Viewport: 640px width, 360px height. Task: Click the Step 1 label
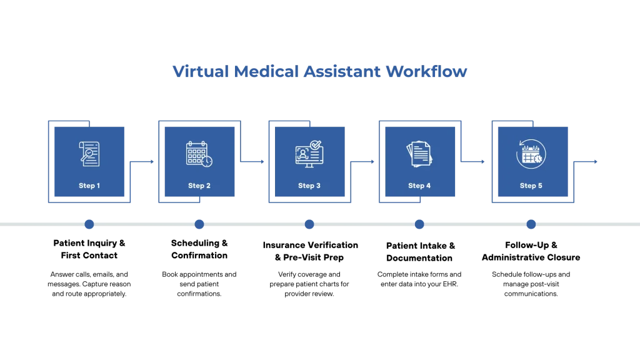[x=89, y=186]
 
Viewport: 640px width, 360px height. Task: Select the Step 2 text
[x=199, y=186]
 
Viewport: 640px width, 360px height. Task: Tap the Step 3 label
[x=309, y=186]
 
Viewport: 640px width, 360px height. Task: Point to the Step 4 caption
[x=419, y=186]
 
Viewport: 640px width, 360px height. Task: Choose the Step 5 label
[x=531, y=186]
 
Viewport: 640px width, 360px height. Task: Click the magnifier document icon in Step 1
[x=89, y=153]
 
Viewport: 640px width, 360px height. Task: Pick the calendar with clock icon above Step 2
[x=199, y=154]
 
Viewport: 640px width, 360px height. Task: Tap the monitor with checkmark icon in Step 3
[x=309, y=153]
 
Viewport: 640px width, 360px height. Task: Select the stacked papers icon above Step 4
[x=419, y=154]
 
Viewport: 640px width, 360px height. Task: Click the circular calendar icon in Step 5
[x=531, y=153]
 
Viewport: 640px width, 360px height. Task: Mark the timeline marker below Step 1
[x=89, y=225]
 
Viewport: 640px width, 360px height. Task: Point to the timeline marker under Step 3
[x=309, y=225]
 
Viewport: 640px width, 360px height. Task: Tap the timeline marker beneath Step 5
[x=531, y=225]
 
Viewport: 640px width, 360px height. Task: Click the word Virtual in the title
[x=199, y=72]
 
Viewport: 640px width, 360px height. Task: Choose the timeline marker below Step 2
[x=199, y=225]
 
